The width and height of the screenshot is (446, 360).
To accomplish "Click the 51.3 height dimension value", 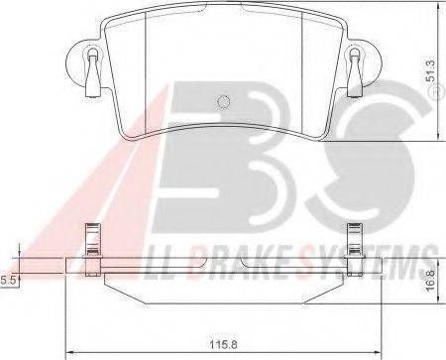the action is pos(430,70).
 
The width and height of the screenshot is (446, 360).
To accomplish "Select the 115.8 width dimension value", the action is pos(223,345).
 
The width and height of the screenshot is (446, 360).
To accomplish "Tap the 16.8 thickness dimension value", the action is pos(430,281).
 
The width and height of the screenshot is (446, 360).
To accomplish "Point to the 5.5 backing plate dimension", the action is pos(8,281).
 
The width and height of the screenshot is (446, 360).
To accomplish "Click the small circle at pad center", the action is pos(223,102).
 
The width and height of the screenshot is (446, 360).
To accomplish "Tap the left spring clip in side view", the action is pos(93,250).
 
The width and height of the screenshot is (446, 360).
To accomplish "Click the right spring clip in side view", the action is pos(354,250).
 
